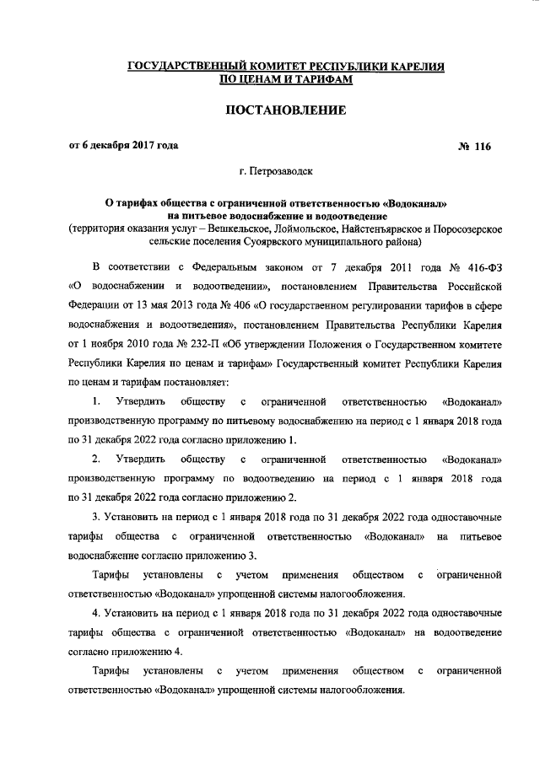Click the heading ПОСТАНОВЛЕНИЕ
284,110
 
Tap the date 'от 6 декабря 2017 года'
123,145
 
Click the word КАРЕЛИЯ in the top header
415,66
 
